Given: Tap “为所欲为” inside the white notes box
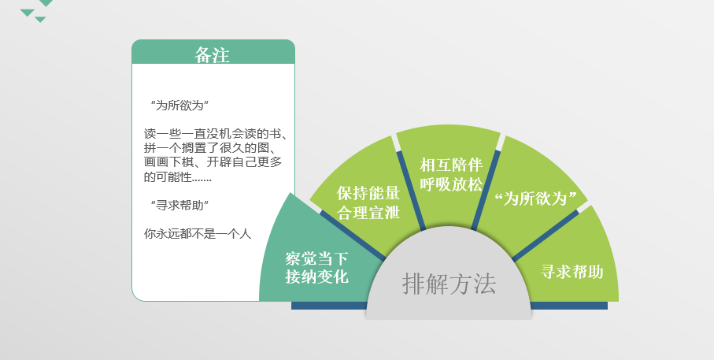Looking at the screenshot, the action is (179, 106).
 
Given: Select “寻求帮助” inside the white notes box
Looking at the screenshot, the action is (179, 206).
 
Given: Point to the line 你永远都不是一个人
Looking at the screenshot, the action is (198, 234).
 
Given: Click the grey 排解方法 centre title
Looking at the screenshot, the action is (449, 284).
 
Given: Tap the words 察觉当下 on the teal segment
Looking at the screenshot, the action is (317, 258).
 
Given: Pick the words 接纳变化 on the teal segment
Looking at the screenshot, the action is (317, 276).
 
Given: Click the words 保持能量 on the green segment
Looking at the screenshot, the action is (368, 193).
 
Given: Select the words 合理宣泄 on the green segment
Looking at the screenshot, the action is (368, 213).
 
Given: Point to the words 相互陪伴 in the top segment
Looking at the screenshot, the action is (451, 165).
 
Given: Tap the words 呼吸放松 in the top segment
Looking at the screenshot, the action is (451, 184).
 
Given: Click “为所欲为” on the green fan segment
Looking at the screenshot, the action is (535, 199).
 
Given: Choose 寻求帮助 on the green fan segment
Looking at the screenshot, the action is (572, 272).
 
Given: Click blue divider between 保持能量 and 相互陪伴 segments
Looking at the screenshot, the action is (411, 191).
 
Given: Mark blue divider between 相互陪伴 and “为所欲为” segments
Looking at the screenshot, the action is (486, 190).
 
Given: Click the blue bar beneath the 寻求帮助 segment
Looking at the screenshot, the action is (568, 306).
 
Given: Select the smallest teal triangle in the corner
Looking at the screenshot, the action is (40, 20).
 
